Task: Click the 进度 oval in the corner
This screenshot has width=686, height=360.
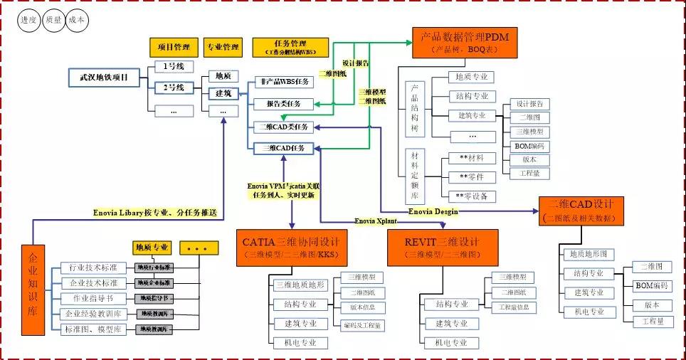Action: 29,21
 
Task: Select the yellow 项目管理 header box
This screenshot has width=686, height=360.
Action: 173,48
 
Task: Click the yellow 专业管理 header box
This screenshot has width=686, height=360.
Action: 223,48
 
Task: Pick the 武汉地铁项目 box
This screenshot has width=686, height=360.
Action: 105,77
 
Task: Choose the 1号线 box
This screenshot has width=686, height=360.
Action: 174,68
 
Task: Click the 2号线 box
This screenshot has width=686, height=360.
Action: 174,88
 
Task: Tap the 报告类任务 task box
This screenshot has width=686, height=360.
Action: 283,104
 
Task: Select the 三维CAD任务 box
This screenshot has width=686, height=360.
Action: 283,148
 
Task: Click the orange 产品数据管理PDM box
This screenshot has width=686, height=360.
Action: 465,43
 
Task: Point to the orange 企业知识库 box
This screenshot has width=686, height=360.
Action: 33,290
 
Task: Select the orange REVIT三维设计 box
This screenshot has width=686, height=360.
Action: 443,247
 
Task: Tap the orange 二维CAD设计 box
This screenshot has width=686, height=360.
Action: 581,211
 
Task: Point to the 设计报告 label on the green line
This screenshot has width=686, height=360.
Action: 356,63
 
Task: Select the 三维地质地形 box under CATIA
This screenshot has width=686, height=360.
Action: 300,285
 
